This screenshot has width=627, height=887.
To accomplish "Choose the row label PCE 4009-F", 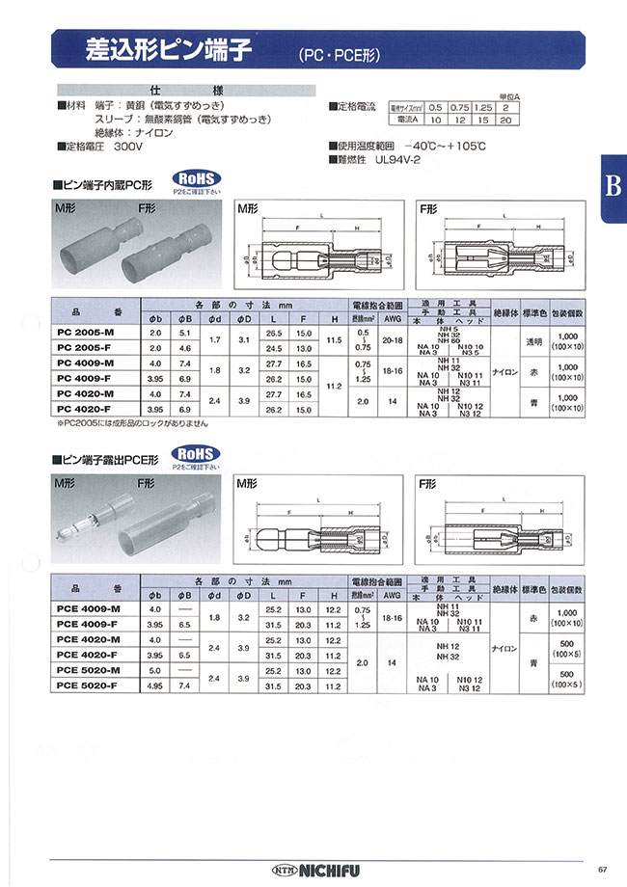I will tap(88, 624).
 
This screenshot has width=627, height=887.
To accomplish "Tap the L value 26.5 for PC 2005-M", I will tap(274, 331).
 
